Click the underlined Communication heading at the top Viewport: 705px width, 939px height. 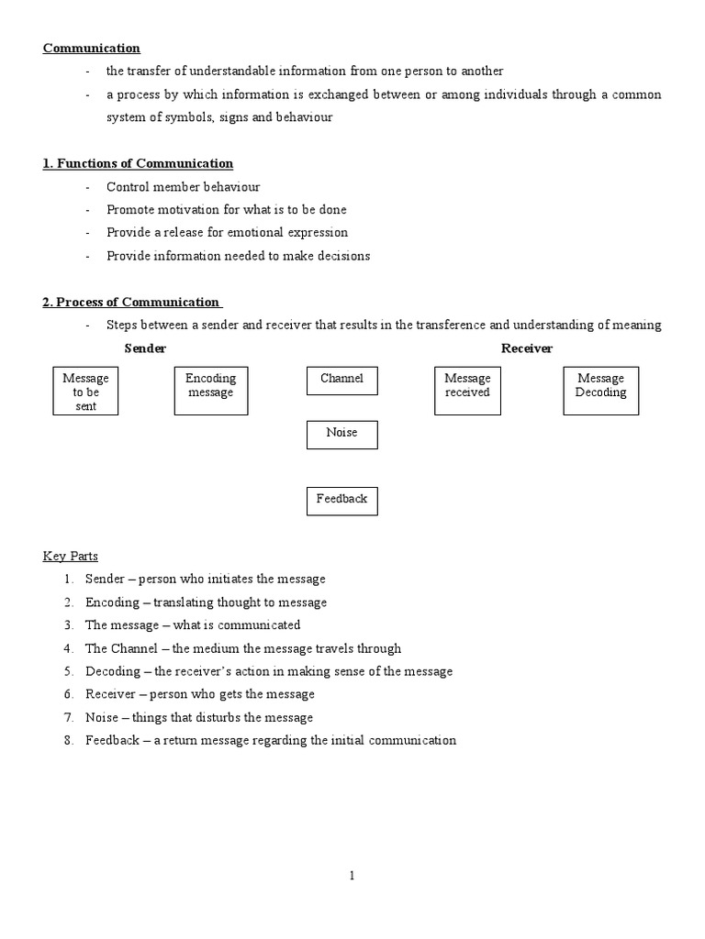91,49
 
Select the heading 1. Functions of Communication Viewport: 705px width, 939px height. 138,163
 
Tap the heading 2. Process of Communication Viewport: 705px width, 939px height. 131,302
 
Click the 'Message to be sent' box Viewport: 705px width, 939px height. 85,392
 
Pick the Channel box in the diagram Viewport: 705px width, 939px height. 341,379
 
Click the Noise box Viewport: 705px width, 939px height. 341,434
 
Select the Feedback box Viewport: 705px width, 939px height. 341,500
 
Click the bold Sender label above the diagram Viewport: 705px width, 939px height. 145,348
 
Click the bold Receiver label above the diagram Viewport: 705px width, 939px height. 527,348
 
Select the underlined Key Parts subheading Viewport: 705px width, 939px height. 71,556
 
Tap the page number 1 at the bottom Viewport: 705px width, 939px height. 352,876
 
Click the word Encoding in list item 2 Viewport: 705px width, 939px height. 112,602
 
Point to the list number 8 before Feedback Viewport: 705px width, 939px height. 68,740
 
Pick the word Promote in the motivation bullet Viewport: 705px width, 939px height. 131,210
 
